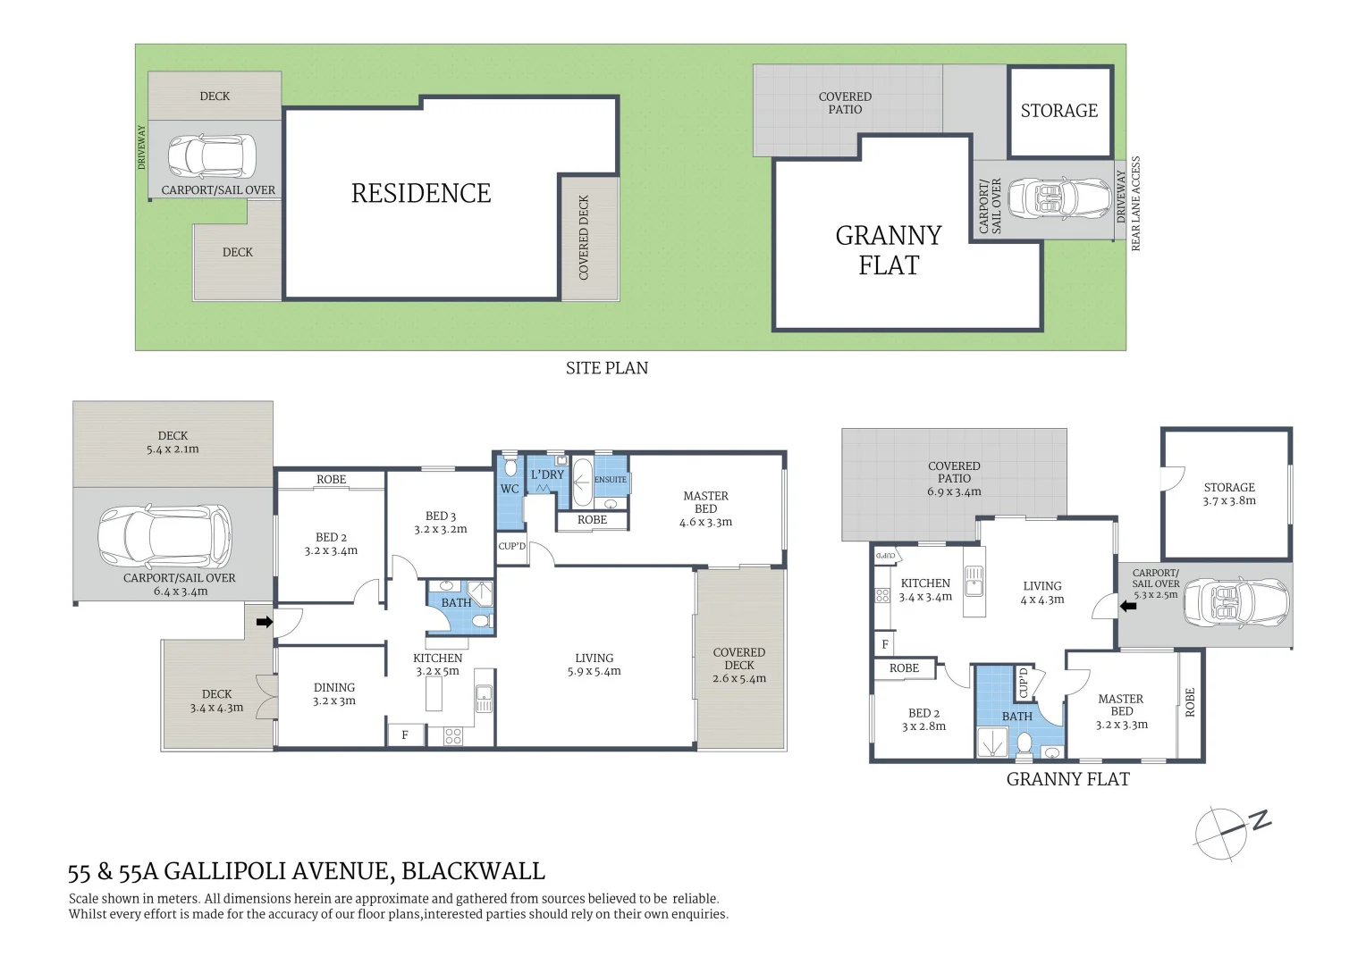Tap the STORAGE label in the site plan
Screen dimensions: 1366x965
coord(1059,110)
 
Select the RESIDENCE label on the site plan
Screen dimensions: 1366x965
coord(421,193)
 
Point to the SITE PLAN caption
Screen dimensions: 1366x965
coord(607,367)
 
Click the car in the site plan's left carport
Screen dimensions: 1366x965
coord(212,156)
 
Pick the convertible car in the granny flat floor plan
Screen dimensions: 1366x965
coord(1236,603)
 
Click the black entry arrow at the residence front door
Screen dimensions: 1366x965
coord(264,622)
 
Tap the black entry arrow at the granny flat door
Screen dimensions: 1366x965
coord(1128,606)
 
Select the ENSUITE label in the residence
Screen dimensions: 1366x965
coord(611,480)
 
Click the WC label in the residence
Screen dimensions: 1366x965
coord(510,489)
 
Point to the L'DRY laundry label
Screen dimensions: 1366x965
coord(548,474)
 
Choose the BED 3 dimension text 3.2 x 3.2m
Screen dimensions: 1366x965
coord(441,529)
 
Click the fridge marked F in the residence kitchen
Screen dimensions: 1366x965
coord(406,735)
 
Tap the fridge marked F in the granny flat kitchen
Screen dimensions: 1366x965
coord(885,644)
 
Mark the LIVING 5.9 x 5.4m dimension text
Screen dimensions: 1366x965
coord(594,671)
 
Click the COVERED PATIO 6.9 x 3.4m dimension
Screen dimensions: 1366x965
coord(955,491)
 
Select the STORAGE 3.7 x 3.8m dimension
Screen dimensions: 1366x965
coord(1229,500)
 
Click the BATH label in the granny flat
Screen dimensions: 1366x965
coord(1017,717)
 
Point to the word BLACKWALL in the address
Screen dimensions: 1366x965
coord(473,871)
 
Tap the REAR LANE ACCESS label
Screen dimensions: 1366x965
coord(1135,203)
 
